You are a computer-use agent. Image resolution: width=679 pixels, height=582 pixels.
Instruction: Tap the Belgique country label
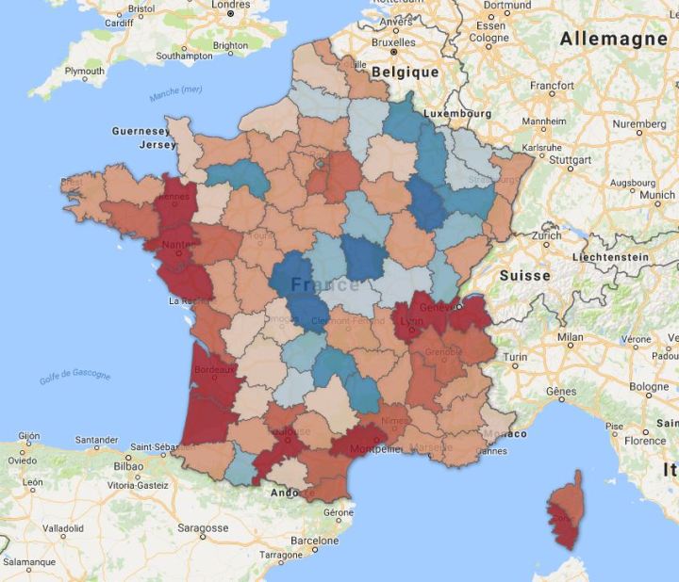click(405, 73)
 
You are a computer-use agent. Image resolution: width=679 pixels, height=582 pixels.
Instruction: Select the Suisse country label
click(523, 276)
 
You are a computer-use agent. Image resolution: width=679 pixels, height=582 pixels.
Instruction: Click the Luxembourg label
click(458, 113)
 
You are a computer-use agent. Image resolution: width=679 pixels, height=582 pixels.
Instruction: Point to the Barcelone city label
click(313, 541)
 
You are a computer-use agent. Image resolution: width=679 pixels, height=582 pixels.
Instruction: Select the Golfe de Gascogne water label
click(75, 377)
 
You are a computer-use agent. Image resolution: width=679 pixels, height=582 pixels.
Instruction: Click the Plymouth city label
click(85, 71)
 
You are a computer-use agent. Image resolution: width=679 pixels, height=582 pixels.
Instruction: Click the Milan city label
click(570, 336)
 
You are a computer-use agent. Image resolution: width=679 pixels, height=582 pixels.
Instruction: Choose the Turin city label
click(515, 357)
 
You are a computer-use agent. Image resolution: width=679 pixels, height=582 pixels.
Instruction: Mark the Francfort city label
click(552, 86)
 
